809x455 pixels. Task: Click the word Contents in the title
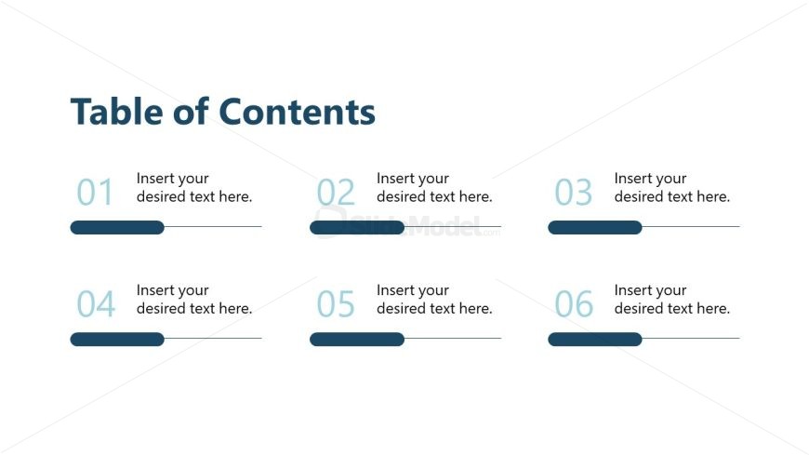(298, 112)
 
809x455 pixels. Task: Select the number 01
(95, 193)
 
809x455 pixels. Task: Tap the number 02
(336, 193)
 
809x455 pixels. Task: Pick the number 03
(574, 193)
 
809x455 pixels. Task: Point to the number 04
(95, 304)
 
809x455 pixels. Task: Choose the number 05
(336, 304)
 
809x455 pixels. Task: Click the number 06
(574, 304)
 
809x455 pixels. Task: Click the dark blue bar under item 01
(117, 227)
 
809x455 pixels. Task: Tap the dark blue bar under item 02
(357, 227)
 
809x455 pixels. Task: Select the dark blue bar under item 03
(595, 227)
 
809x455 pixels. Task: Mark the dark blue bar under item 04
(117, 339)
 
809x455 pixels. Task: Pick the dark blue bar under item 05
(357, 339)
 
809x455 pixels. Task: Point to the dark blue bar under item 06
(595, 339)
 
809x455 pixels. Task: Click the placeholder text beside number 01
(194, 187)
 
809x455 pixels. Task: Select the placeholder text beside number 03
(672, 187)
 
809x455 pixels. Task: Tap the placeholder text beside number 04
(194, 299)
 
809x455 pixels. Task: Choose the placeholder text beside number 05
(434, 299)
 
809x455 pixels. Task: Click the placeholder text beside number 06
(672, 299)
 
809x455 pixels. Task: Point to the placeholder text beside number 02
(434, 187)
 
